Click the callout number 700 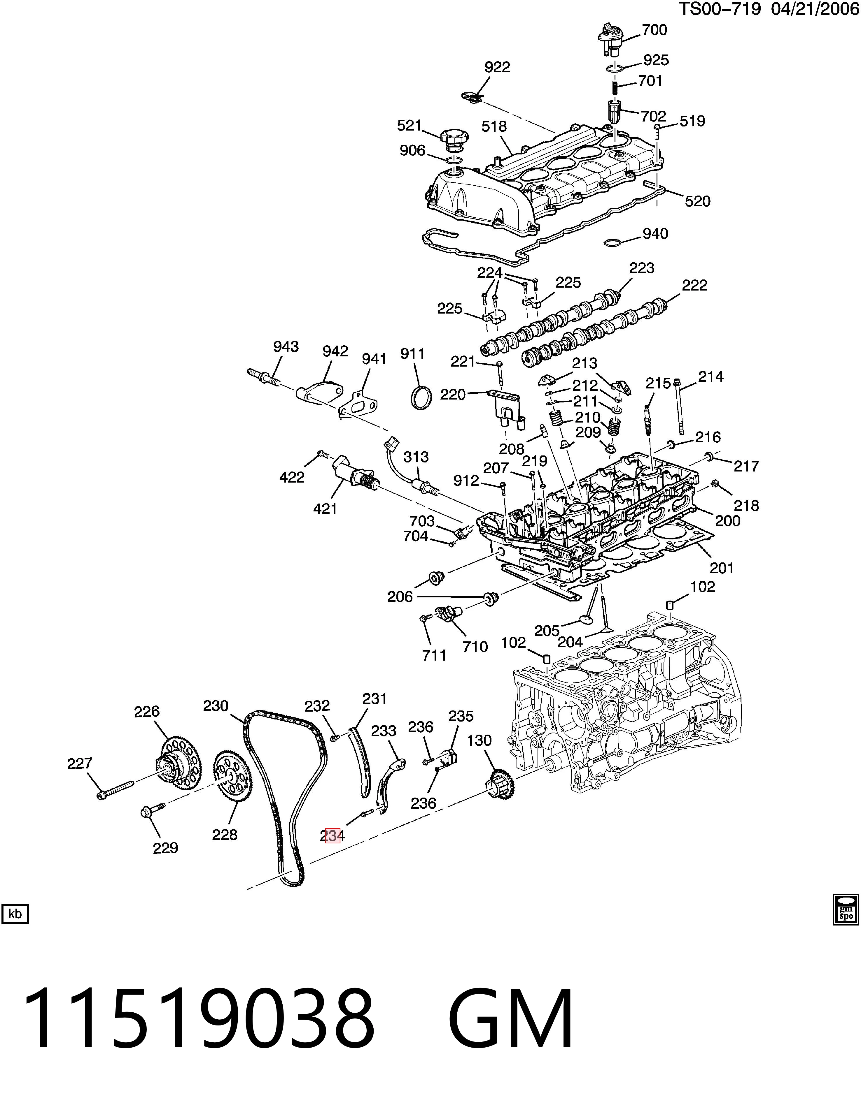654,30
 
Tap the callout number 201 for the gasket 721,568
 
